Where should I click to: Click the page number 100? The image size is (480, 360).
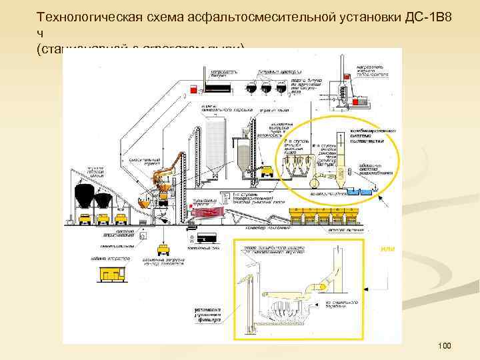pos(445,345)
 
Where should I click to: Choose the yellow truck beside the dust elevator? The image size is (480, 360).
pos(269,171)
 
